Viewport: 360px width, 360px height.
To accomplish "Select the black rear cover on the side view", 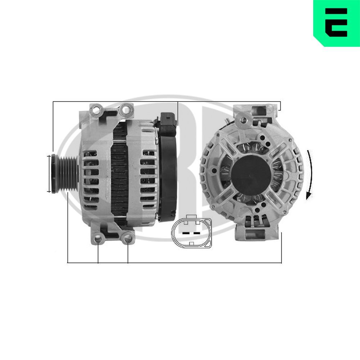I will click(x=168, y=173).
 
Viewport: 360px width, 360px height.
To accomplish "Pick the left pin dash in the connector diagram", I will click(x=186, y=233).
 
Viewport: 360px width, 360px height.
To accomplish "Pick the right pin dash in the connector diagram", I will click(x=197, y=233).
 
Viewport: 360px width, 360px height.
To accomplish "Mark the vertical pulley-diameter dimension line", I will click(x=49, y=174).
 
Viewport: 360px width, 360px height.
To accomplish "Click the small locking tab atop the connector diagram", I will click(x=192, y=217).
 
